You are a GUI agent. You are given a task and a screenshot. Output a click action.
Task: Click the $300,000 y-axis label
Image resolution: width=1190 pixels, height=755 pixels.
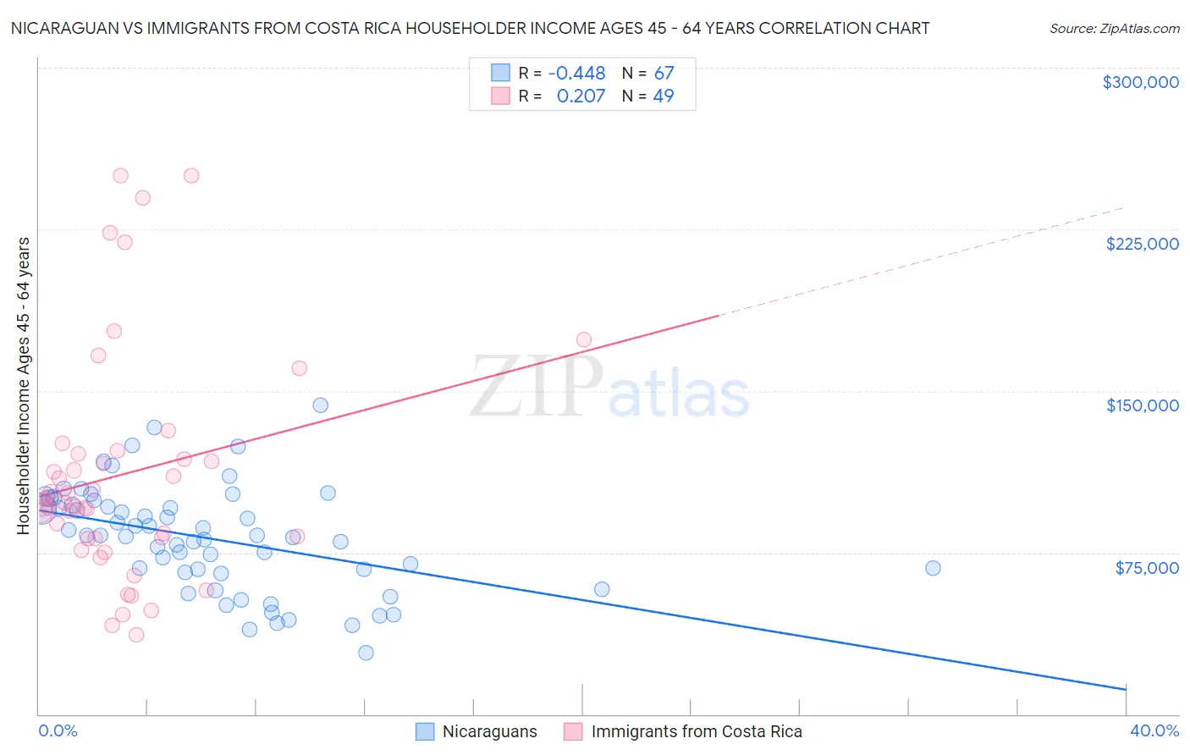pos(1140,82)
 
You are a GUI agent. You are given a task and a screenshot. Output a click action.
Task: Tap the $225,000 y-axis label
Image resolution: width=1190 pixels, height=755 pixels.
pos(1142,244)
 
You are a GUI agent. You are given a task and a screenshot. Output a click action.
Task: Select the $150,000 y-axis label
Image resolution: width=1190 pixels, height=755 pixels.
pos(1142,405)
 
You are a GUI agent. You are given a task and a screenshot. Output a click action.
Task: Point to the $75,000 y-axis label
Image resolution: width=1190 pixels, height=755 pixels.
pos(1146,568)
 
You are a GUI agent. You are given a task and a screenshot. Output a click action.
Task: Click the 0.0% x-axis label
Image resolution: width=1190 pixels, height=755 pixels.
pos(58,730)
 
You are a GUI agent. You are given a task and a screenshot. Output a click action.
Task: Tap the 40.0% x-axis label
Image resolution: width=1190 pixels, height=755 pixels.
pos(1154,730)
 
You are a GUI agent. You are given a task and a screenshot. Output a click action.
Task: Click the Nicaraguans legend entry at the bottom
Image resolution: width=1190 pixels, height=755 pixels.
pos(489,731)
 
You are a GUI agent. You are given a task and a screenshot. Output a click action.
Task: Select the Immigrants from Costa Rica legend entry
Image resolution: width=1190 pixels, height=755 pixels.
pos(696,731)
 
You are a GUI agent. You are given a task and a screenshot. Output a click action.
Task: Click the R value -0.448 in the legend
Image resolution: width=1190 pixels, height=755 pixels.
pos(576,74)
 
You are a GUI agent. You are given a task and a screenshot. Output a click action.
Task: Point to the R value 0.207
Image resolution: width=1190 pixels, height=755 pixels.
pos(581,96)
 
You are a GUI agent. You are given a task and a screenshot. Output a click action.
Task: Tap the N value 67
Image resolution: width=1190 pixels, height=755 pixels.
pos(664,74)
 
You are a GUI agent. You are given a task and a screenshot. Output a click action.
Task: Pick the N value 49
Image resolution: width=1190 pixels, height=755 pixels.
pos(664,96)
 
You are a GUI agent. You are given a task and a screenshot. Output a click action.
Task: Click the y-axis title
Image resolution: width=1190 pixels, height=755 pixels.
pos(23,386)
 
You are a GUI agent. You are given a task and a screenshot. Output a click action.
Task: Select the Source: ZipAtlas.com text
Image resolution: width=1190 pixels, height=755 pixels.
pos(1114,29)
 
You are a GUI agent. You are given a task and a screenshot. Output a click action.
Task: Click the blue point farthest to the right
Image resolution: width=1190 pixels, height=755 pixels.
pos(933,568)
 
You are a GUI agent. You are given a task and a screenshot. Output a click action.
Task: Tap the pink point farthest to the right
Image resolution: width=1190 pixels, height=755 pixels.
pos(583,339)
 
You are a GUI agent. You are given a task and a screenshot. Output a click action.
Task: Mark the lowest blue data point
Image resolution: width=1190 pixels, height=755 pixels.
pos(366,653)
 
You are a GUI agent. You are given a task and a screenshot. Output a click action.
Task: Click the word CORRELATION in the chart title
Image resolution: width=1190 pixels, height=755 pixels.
pos(800,29)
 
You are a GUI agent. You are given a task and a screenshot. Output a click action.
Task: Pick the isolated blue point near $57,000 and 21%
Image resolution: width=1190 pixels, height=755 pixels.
pos(602,589)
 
